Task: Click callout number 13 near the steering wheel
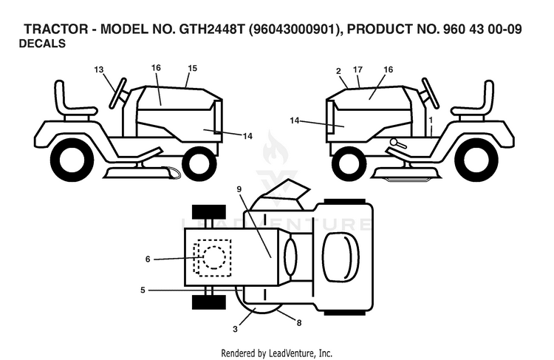[x=99, y=69]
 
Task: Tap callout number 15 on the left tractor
[x=193, y=68]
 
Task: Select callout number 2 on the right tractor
[x=338, y=72]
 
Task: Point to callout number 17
[x=358, y=69]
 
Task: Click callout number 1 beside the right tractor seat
[x=431, y=120]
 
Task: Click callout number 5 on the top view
[x=143, y=291]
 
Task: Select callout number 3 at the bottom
[x=236, y=329]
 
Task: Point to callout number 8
[x=299, y=323]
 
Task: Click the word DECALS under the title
[x=42, y=44]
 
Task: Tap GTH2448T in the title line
[x=212, y=29]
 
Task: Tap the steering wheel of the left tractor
[x=118, y=92]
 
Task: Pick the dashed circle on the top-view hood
[x=213, y=257]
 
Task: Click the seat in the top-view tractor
[x=341, y=257]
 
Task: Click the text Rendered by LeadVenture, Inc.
[x=277, y=353]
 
